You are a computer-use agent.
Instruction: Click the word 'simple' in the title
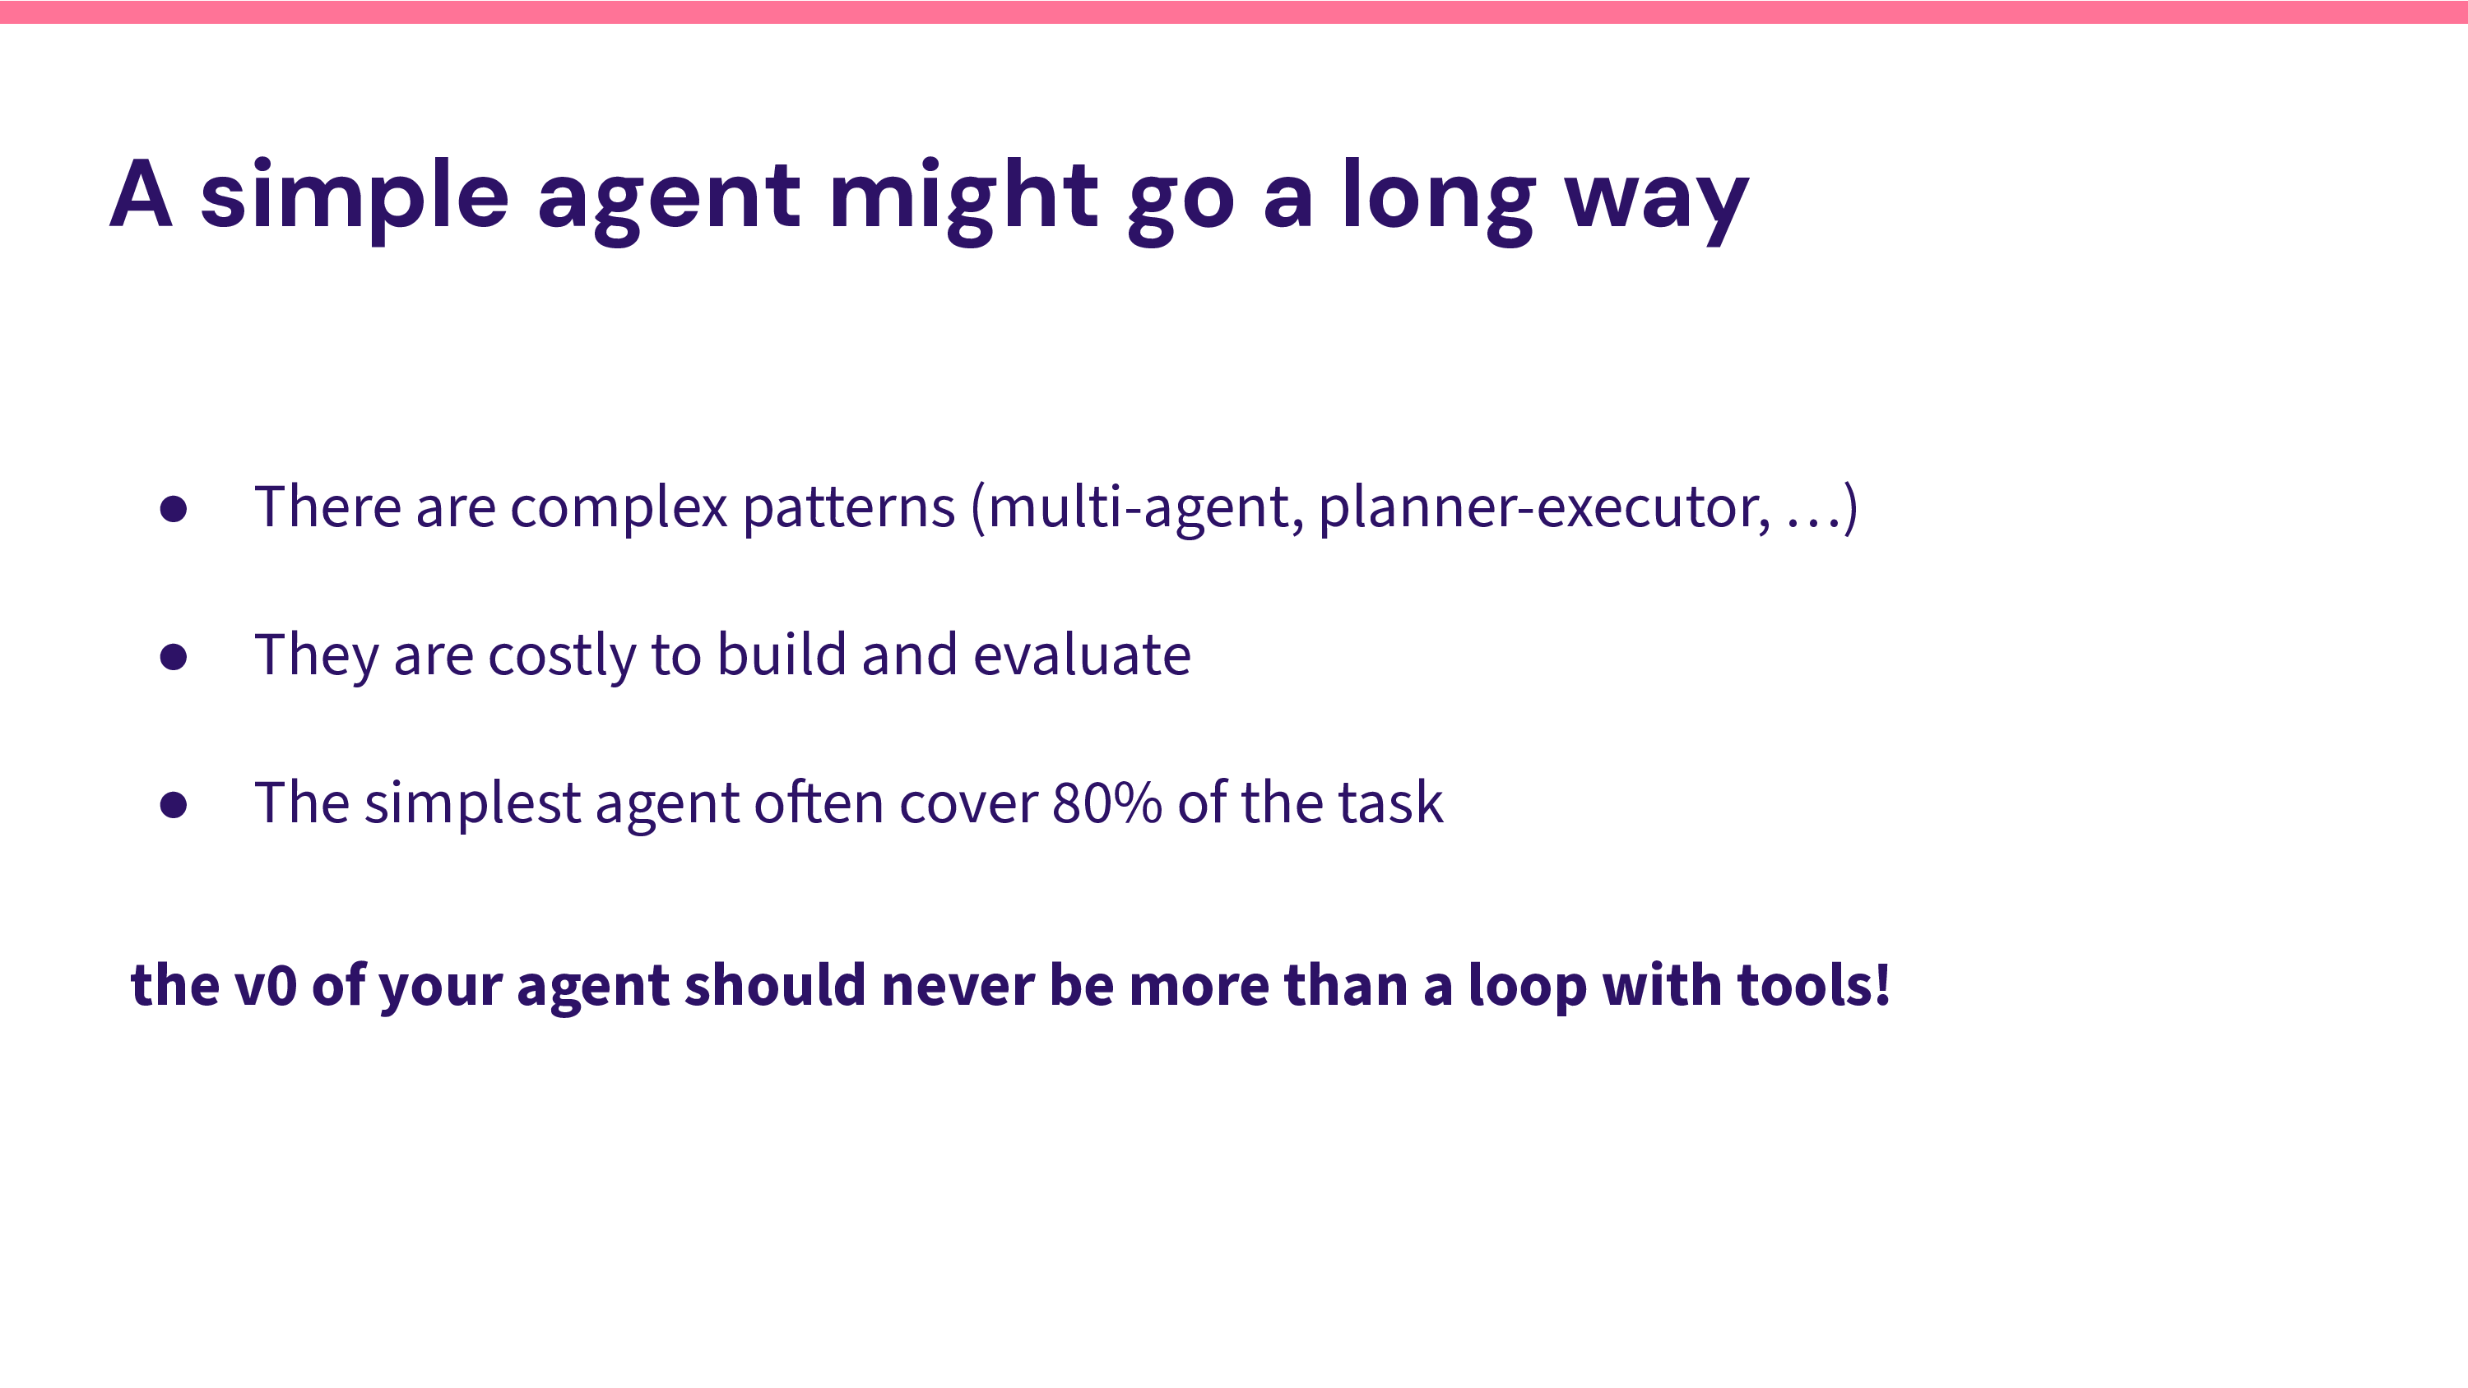pos(354,197)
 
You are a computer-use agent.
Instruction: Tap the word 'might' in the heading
pos(963,197)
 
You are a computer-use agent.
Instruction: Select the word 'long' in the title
pos(1437,197)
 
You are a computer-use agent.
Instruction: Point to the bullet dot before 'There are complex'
pos(174,509)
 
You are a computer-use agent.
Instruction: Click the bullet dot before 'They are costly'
pos(174,657)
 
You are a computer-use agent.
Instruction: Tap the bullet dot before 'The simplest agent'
pos(174,805)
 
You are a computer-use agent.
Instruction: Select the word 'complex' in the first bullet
pos(618,507)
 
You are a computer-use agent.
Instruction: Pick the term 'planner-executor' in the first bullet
pos(1542,507)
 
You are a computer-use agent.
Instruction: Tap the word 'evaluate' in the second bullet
pos(1082,656)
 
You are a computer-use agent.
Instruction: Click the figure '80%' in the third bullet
pos(1106,803)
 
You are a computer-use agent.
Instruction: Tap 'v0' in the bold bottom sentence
pos(266,986)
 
